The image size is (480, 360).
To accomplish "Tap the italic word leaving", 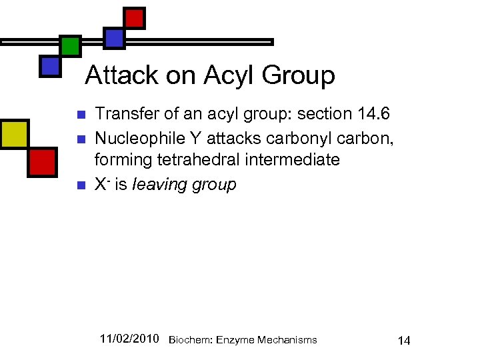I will click(x=157, y=184).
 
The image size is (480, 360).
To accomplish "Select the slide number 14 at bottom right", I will click(x=404, y=341).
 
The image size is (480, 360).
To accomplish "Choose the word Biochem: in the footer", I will click(x=189, y=340).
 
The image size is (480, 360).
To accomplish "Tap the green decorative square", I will click(x=70, y=45).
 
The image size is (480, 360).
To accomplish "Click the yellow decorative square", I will click(x=15, y=134).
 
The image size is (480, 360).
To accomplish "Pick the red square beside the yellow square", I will click(x=42, y=161).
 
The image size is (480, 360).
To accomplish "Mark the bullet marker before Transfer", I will click(x=80, y=115).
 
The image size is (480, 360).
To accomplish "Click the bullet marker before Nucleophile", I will click(x=80, y=138).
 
